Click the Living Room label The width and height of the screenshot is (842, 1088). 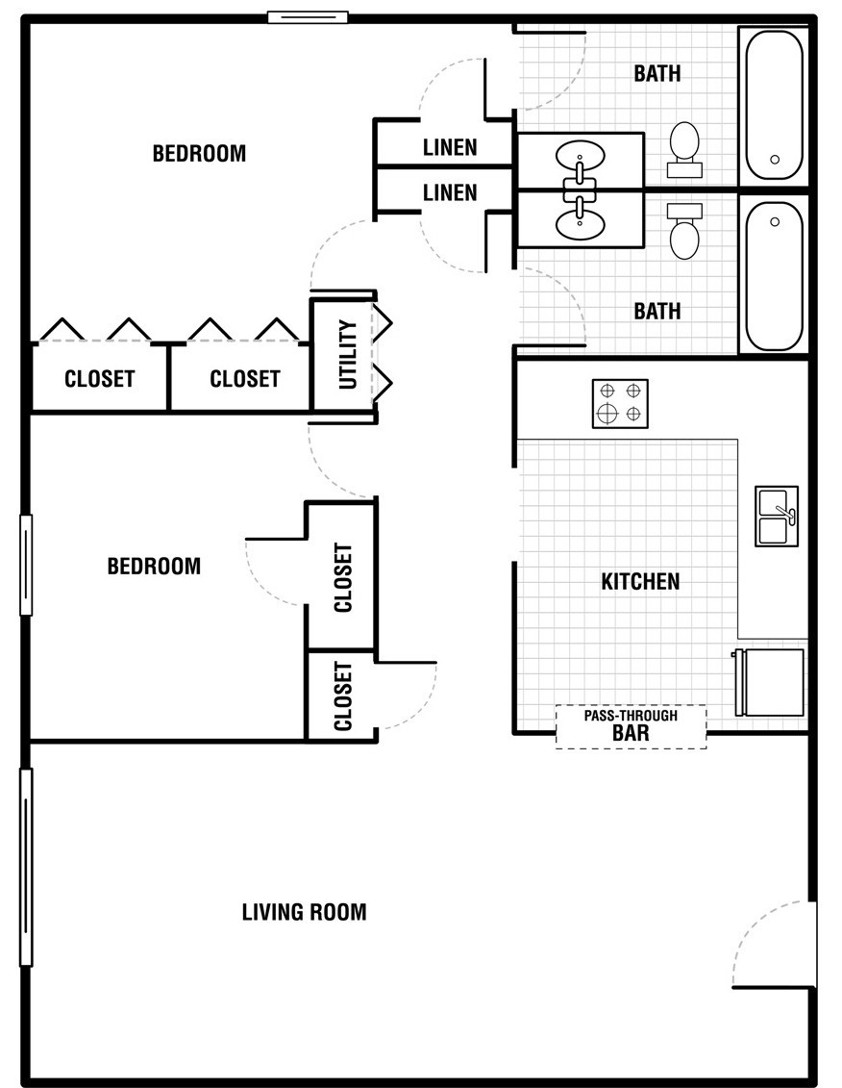click(x=304, y=911)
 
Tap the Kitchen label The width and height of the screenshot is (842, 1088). click(x=640, y=581)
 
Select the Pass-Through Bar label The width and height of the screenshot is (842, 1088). click(x=631, y=725)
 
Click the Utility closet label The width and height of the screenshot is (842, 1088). click(x=347, y=354)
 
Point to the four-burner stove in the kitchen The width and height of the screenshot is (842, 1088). click(x=620, y=403)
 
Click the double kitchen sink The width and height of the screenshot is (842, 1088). click(x=777, y=517)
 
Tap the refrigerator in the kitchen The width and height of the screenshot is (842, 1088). click(x=769, y=683)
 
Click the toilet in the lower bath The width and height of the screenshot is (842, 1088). click(x=684, y=231)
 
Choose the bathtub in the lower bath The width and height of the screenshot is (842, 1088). click(x=774, y=275)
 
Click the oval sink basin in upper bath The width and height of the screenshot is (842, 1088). click(x=580, y=154)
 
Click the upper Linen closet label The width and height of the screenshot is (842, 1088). click(x=450, y=147)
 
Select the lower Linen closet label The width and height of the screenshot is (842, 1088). click(x=450, y=192)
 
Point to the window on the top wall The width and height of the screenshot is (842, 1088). click(x=308, y=17)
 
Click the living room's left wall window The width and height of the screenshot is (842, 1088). click(x=26, y=868)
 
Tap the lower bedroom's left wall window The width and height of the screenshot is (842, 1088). click(x=26, y=565)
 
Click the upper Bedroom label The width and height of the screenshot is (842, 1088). click(x=199, y=153)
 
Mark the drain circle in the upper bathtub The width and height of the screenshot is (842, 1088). click(x=775, y=159)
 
